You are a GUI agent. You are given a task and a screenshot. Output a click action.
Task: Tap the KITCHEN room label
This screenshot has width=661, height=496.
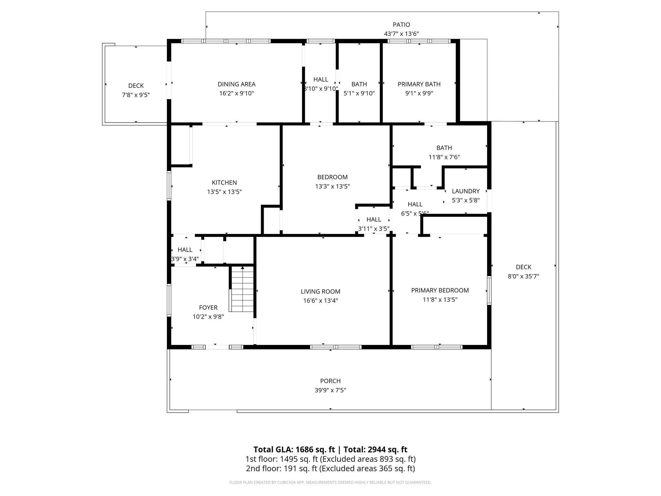[x=224, y=182]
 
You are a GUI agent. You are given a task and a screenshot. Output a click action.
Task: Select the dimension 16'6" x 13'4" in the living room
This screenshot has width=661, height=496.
[x=320, y=301]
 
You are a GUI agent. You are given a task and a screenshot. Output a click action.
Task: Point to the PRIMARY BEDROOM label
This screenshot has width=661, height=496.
[x=440, y=290]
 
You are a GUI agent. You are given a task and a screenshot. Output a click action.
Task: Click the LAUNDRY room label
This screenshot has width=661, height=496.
[x=465, y=191]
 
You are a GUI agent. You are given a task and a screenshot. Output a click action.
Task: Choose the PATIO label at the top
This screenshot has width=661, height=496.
[x=401, y=25]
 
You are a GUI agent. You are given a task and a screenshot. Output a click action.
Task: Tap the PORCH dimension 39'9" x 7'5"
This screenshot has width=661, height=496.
[x=330, y=390]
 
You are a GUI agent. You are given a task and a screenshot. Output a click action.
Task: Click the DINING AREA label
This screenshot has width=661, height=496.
[x=237, y=84]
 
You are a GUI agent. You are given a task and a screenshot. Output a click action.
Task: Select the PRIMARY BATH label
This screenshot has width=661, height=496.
[x=419, y=84]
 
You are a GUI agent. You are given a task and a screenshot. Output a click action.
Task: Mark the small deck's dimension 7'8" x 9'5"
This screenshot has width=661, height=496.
[x=136, y=95]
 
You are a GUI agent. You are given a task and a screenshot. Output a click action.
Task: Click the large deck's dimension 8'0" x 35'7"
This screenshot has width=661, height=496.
[x=523, y=276]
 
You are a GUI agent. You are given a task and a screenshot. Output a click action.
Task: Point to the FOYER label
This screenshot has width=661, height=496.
[x=208, y=307]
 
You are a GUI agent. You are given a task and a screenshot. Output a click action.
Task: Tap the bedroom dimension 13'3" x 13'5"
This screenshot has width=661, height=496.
[x=332, y=186]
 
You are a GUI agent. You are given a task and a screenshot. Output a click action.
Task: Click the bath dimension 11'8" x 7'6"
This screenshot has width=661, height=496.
[x=444, y=157]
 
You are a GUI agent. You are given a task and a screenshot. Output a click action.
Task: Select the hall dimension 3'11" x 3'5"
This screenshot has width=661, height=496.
[x=374, y=229]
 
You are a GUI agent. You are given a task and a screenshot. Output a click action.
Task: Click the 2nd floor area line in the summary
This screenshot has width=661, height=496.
[x=330, y=468]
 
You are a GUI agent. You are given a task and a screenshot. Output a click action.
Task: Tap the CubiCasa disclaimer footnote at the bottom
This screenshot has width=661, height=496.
[x=330, y=482]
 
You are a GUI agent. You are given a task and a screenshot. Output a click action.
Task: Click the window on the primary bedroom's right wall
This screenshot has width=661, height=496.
[x=489, y=290]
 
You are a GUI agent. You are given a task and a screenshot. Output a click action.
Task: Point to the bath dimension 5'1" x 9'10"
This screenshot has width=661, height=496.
[x=359, y=93]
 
